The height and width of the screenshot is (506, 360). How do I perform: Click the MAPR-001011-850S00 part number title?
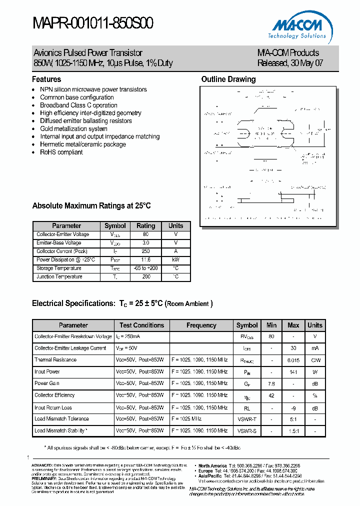coord(93,23)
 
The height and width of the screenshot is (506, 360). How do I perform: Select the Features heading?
coord(46,79)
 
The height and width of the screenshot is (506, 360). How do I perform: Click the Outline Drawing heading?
coord(228,79)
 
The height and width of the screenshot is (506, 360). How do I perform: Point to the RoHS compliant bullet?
coord(61,152)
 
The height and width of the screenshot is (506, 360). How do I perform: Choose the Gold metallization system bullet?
coord(73,128)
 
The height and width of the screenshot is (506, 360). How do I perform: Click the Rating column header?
coord(146,225)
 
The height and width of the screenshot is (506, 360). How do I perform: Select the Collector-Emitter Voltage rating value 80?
coord(146,234)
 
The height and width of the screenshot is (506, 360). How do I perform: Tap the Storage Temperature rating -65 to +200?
coord(146,268)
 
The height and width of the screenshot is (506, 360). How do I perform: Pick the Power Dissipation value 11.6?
coord(146,259)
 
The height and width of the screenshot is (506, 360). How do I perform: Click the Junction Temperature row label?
coord(59,276)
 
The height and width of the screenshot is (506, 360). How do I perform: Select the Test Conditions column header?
coord(141,325)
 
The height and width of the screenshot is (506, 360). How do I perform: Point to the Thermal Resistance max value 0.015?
coord(293,360)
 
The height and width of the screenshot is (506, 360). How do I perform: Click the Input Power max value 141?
coord(293,371)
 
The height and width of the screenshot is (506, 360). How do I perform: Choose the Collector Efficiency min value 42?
coord(271,395)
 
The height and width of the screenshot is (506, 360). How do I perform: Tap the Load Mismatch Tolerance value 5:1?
coord(293,418)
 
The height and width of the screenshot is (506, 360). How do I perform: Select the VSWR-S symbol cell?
coord(247,430)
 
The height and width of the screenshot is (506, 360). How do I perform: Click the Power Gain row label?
coord(47,383)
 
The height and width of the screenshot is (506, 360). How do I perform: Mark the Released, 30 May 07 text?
coord(290,63)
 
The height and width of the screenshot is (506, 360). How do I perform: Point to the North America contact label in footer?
coord(212,466)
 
